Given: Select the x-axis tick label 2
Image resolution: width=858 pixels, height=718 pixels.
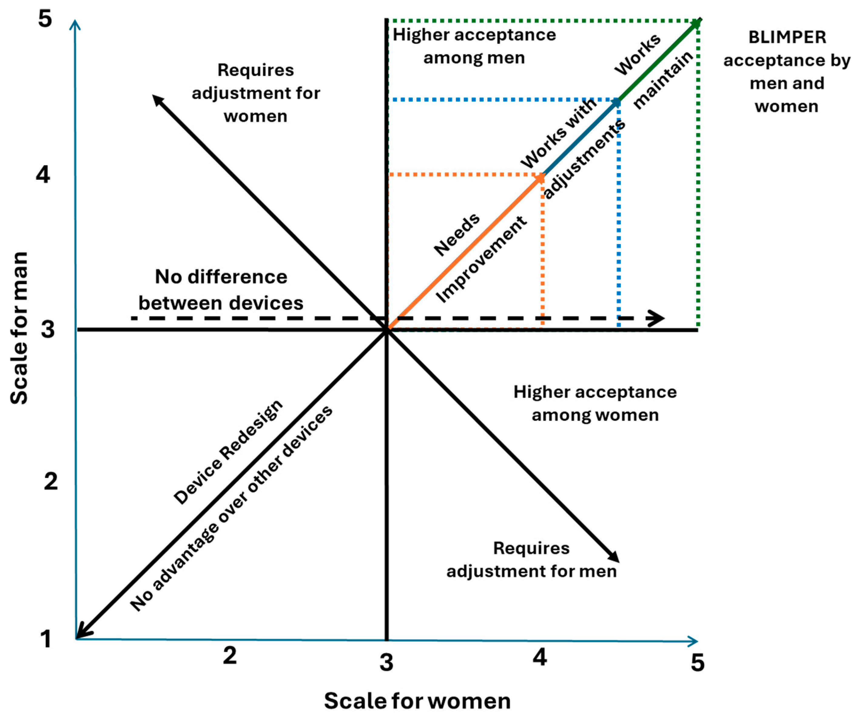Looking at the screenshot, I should pyautogui.click(x=230, y=656).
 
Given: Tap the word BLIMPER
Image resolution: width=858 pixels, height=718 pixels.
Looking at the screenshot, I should pyautogui.click(x=787, y=38).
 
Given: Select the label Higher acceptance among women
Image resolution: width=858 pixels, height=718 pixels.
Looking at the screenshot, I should pyautogui.click(x=595, y=404).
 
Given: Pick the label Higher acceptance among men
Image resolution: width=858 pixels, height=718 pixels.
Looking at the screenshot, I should pyautogui.click(x=474, y=46).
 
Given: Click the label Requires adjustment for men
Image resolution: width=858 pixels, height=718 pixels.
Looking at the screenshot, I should pyautogui.click(x=531, y=559).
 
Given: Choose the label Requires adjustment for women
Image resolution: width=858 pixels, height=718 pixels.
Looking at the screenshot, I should pyautogui.click(x=256, y=93).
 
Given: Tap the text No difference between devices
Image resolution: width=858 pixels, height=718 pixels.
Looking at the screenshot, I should pyautogui.click(x=221, y=290).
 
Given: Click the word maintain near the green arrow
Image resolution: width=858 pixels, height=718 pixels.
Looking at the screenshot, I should pyautogui.click(x=663, y=80).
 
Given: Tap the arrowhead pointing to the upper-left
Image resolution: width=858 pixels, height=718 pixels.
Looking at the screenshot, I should pyautogui.click(x=157, y=100).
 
